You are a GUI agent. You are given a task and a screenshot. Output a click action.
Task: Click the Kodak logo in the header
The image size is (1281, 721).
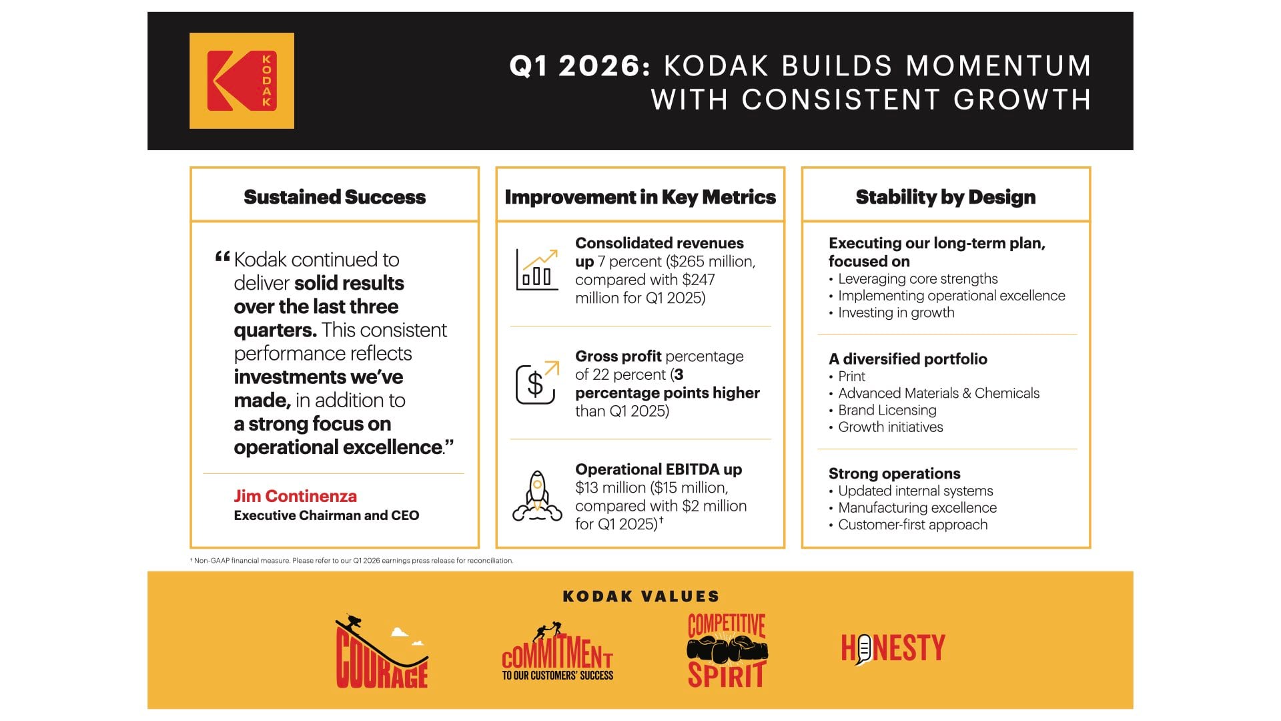pyautogui.click(x=242, y=81)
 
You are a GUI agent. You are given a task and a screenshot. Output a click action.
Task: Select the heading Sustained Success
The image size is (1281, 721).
pyautogui.click(x=334, y=197)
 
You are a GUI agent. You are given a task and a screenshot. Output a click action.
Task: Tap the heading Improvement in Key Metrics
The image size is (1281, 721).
pyautogui.click(x=640, y=197)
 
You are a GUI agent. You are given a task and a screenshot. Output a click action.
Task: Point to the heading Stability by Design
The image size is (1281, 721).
pyautogui.click(x=945, y=197)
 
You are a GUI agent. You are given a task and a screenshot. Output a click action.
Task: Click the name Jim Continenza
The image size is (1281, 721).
pyautogui.click(x=295, y=496)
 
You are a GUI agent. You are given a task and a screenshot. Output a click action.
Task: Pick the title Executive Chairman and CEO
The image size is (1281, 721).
pyautogui.click(x=326, y=515)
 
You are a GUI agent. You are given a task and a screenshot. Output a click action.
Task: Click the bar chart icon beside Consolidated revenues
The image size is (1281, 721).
pyautogui.click(x=537, y=270)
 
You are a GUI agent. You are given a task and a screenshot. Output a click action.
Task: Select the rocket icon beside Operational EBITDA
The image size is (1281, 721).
pyautogui.click(x=537, y=495)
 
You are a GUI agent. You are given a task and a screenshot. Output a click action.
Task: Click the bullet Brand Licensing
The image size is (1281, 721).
pyautogui.click(x=887, y=410)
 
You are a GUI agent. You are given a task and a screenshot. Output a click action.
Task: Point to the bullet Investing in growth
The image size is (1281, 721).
pyautogui.click(x=895, y=312)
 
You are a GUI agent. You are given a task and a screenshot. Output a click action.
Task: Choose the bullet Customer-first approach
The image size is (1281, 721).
pyautogui.click(x=912, y=525)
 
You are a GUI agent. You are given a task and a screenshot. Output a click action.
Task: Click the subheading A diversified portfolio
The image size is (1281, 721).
pyautogui.click(x=907, y=358)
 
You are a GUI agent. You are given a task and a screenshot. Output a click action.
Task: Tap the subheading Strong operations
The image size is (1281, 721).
pyautogui.click(x=894, y=473)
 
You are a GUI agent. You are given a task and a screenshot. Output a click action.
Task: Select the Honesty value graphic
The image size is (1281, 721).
pyautogui.click(x=893, y=648)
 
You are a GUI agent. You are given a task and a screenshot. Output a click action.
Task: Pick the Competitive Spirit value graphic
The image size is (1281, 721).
pyautogui.click(x=727, y=651)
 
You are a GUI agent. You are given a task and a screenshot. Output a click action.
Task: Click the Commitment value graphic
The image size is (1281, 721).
pyautogui.click(x=557, y=652)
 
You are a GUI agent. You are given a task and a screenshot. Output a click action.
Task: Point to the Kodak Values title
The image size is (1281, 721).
pyautogui.click(x=640, y=596)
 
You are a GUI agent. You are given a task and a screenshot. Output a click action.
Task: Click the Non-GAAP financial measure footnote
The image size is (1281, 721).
pyautogui.click(x=352, y=561)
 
